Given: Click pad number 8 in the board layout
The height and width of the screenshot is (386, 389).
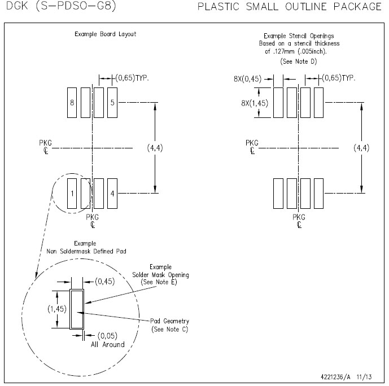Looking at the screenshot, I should click(x=72, y=103).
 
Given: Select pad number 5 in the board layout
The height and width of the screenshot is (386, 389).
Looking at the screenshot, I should click(x=112, y=103).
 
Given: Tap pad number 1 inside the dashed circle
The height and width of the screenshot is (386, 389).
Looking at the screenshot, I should click(x=72, y=194).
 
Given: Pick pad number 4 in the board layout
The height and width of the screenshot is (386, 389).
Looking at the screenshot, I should click(x=112, y=194).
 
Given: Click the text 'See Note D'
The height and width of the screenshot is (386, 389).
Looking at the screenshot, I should click(x=298, y=60).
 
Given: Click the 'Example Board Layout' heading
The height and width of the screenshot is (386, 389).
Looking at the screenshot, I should click(x=106, y=34).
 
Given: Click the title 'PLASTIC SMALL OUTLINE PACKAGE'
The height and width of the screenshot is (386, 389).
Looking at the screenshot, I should click(x=289, y=7).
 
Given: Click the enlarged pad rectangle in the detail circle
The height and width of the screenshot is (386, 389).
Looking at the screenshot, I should click(x=76, y=309).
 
